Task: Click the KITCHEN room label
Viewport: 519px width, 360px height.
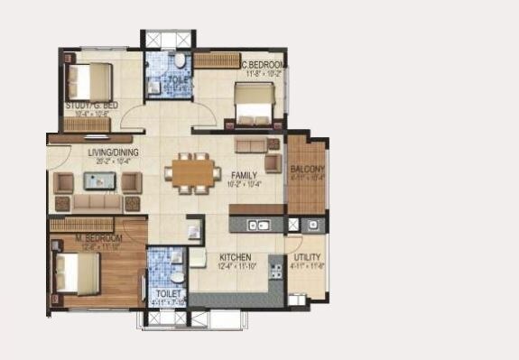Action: [x=234, y=257]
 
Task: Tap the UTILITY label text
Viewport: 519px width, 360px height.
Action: [x=308, y=257]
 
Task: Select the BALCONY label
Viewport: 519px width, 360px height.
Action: [x=308, y=169]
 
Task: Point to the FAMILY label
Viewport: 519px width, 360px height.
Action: [x=245, y=174]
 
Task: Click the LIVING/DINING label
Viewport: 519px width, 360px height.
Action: [x=113, y=152]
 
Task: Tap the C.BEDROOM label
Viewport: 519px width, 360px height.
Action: [x=264, y=66]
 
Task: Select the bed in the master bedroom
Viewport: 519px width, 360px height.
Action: [x=77, y=271]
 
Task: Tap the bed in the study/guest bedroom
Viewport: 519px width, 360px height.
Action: [x=88, y=80]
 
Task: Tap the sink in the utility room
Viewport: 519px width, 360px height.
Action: [x=312, y=223]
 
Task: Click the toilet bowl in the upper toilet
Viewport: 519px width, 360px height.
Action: [x=181, y=61]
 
